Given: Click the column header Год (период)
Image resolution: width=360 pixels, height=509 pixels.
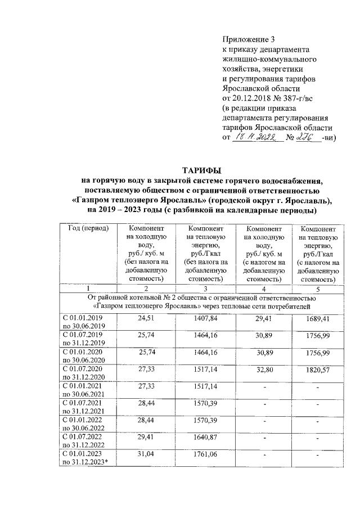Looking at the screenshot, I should point(88,230).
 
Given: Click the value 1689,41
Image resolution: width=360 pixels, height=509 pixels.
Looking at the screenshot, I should point(316,319).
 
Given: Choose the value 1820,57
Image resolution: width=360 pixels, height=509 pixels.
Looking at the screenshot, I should point(316,372).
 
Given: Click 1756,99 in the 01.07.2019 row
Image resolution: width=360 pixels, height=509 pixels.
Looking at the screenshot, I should point(316,337).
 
